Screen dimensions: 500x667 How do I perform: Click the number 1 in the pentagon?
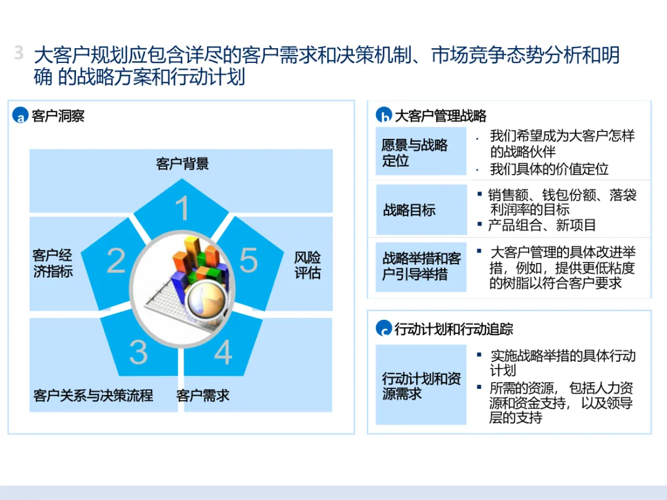pyautogui.click(x=182, y=209)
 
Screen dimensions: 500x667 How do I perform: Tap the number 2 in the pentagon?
pyautogui.click(x=116, y=261)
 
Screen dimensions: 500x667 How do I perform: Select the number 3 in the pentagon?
pyautogui.click(x=138, y=351)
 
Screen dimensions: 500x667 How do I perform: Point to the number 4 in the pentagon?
pyautogui.click(x=222, y=351)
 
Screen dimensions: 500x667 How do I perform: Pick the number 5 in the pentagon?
pyautogui.click(x=248, y=260)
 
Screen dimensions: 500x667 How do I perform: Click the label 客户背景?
pyautogui.click(x=182, y=164)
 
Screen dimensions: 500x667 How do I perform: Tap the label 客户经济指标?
pyautogui.click(x=52, y=264)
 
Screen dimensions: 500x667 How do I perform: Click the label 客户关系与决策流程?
pyautogui.click(x=93, y=396)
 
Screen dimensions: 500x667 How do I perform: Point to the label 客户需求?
pyautogui.click(x=203, y=396)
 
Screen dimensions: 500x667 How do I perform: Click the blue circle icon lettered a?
pyautogui.click(x=20, y=115)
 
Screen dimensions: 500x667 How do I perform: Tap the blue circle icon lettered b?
pyautogui.click(x=384, y=115)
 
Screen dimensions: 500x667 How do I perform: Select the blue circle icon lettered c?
pyautogui.click(x=384, y=328)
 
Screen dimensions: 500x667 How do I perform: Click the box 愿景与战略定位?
pyautogui.click(x=421, y=152)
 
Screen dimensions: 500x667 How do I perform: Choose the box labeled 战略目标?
pyautogui.click(x=421, y=210)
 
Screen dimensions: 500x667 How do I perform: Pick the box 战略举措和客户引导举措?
pyautogui.click(x=421, y=267)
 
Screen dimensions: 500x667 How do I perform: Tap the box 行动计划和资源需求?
pyautogui.click(x=421, y=385)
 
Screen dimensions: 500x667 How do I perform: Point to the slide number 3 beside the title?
pyautogui.click(x=19, y=54)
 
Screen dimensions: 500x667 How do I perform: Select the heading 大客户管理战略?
pyautogui.click(x=440, y=115)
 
